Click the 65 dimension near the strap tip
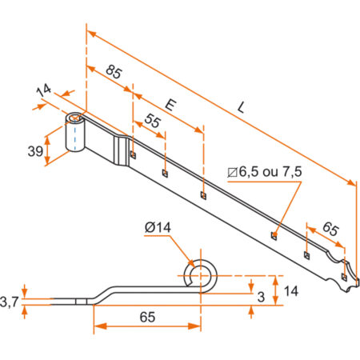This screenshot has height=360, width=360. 330,228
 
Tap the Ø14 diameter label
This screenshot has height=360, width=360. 159,230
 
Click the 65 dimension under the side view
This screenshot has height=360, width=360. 146,317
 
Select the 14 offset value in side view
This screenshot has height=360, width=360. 292,290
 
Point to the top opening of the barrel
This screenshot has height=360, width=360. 75,119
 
